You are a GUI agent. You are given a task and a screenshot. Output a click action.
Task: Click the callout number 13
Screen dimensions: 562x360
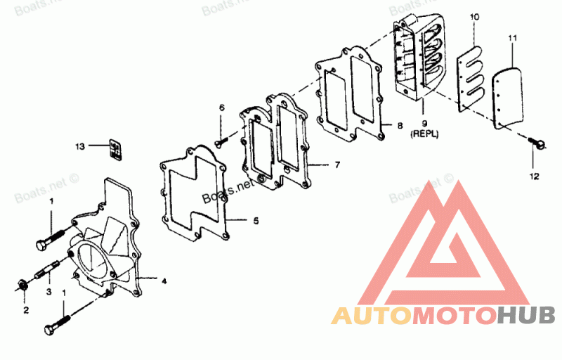80,146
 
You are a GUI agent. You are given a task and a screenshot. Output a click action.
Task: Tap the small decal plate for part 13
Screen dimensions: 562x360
115,149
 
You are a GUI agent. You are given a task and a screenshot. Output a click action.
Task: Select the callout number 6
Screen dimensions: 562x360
222,108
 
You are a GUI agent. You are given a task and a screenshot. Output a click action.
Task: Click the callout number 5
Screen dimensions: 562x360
256,221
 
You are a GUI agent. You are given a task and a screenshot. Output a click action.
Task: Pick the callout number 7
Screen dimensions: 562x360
337,165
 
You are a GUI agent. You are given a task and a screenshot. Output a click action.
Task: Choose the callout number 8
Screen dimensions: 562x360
400,125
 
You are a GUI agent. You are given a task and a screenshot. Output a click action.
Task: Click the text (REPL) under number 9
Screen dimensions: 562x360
424,134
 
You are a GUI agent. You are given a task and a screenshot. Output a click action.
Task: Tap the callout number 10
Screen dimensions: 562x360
475,17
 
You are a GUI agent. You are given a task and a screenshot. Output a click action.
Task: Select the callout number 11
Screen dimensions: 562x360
513,38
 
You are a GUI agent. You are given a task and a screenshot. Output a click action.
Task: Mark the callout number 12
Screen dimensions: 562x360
534,176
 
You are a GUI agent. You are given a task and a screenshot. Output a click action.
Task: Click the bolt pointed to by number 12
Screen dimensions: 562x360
537,143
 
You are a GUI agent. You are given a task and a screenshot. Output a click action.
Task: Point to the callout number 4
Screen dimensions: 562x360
164,281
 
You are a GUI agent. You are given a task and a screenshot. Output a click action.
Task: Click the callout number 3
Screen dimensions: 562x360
48,292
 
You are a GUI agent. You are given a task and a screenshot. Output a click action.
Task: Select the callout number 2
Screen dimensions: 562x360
26,310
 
